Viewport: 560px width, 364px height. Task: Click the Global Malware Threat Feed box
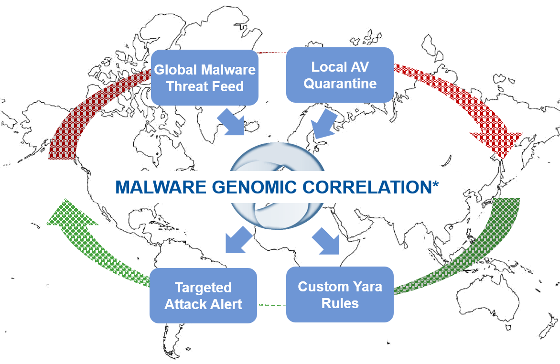click(x=205, y=77)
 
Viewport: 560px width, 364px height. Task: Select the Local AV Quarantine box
click(x=340, y=75)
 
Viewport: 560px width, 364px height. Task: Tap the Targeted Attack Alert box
click(x=203, y=296)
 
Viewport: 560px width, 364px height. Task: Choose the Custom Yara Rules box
click(x=340, y=294)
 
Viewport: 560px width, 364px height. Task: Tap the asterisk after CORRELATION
click(x=435, y=184)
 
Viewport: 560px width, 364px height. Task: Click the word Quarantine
click(x=340, y=84)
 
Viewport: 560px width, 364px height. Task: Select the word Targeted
click(x=203, y=288)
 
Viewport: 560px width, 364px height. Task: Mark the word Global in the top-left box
click(x=175, y=70)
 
